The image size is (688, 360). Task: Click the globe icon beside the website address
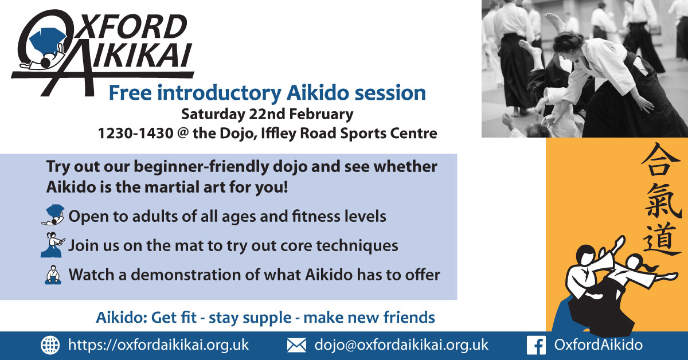coord(50,345)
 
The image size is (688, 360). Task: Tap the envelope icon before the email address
coord(296,345)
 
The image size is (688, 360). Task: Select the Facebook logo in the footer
coord(536,345)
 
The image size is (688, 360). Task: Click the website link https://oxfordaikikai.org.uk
coord(158,345)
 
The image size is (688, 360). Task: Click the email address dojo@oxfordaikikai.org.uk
coord(401,345)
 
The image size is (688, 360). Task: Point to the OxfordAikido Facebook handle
coord(599,345)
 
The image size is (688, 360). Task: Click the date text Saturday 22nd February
coord(267,114)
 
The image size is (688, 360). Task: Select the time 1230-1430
coord(135,134)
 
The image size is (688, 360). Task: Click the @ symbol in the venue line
coord(183,134)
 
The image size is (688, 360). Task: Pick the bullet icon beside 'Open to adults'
coord(53,216)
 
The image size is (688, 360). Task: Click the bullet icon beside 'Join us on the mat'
coord(53,245)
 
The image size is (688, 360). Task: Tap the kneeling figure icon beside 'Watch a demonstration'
coord(53,275)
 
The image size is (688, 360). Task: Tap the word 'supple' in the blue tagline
coord(267,318)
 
